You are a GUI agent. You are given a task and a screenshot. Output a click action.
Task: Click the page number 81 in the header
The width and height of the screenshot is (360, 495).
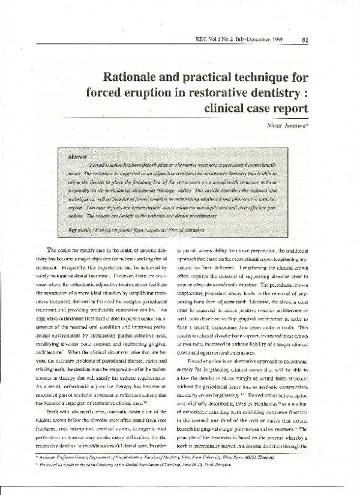pos(305,41)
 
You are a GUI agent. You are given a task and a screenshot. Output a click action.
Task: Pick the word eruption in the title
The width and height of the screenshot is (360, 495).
pos(170,95)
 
